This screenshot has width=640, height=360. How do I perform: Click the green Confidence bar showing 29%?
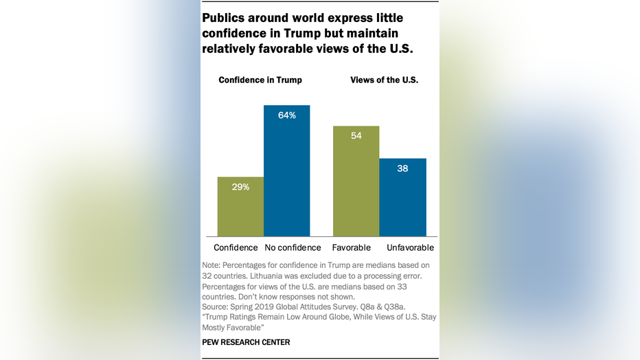[240, 207]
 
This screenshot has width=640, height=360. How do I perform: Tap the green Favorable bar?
[356, 181]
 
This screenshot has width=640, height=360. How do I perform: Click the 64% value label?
[287, 115]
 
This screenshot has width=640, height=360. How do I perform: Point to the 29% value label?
[240, 187]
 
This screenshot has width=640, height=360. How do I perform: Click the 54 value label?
[356, 136]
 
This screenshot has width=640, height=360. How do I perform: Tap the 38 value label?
[403, 168]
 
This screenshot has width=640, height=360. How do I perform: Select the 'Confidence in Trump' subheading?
[260, 80]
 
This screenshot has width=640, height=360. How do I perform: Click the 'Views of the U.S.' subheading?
[384, 80]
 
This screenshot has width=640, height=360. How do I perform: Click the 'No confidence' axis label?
[293, 247]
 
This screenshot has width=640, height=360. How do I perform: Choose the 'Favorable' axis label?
[352, 247]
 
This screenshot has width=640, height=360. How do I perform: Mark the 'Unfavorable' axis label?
[410, 247]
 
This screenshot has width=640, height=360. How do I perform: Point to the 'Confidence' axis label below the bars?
[236, 247]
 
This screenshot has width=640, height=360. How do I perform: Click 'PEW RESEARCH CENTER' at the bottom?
[246, 342]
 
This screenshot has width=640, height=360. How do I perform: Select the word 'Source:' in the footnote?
[217, 306]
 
